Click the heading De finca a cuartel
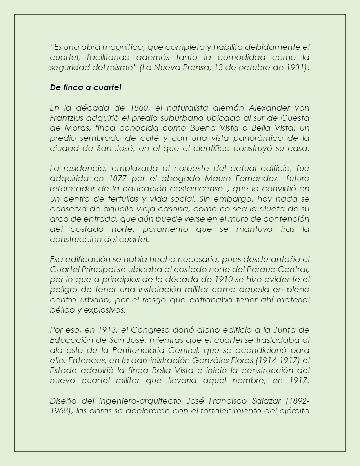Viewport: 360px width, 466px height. pyautogui.click(x=85, y=87)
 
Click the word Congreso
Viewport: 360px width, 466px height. pyautogui.click(x=150, y=330)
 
